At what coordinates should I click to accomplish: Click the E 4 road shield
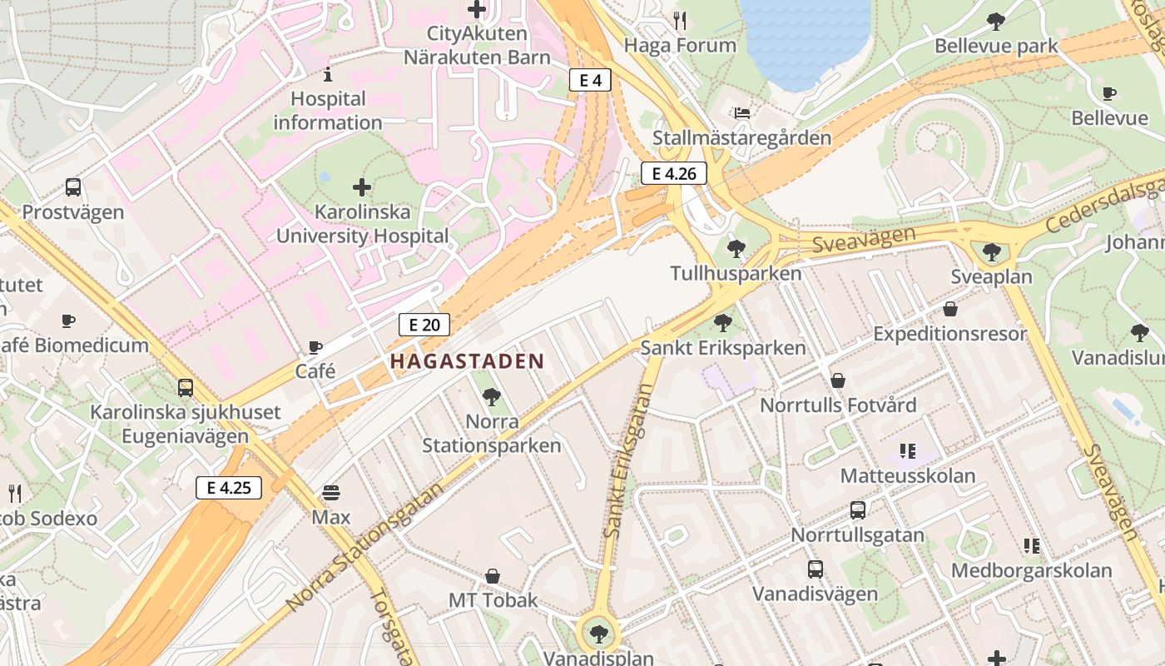click(590, 80)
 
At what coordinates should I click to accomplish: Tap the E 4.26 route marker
click(673, 173)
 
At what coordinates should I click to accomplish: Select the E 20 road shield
click(424, 325)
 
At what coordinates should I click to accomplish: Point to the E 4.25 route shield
click(229, 488)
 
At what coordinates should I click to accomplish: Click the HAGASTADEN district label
click(466, 361)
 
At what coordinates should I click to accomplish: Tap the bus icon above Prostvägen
click(73, 187)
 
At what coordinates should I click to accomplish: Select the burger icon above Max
click(331, 493)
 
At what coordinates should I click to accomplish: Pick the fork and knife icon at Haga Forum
click(681, 21)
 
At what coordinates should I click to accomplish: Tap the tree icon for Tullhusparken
click(736, 248)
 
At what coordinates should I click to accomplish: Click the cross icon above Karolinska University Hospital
click(362, 187)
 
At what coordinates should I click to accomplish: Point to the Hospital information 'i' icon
click(328, 74)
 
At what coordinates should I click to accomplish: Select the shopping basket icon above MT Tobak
click(493, 576)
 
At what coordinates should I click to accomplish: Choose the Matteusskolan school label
click(907, 476)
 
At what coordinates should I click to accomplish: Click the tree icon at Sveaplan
click(991, 252)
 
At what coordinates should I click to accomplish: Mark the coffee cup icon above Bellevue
click(1108, 93)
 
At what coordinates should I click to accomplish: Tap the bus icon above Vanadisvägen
click(815, 569)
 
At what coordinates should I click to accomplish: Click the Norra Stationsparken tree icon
click(491, 397)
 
